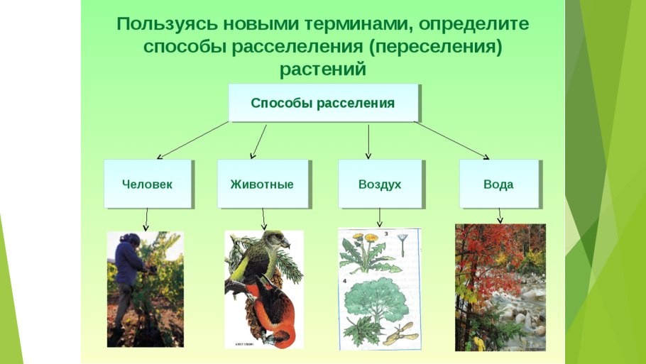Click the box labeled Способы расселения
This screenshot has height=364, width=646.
(x=323, y=103)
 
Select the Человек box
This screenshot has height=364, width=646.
(x=148, y=184)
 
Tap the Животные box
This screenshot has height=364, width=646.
(x=262, y=184)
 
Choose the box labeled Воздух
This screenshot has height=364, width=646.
(x=380, y=184)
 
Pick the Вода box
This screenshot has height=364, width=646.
(x=498, y=184)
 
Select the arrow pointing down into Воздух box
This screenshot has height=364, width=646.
(x=368, y=142)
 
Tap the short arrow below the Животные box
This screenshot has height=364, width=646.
(x=263, y=218)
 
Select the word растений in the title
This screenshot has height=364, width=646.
(x=323, y=70)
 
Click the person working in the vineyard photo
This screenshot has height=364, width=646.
(x=130, y=273)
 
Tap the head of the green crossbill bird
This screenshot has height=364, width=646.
(x=273, y=239)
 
